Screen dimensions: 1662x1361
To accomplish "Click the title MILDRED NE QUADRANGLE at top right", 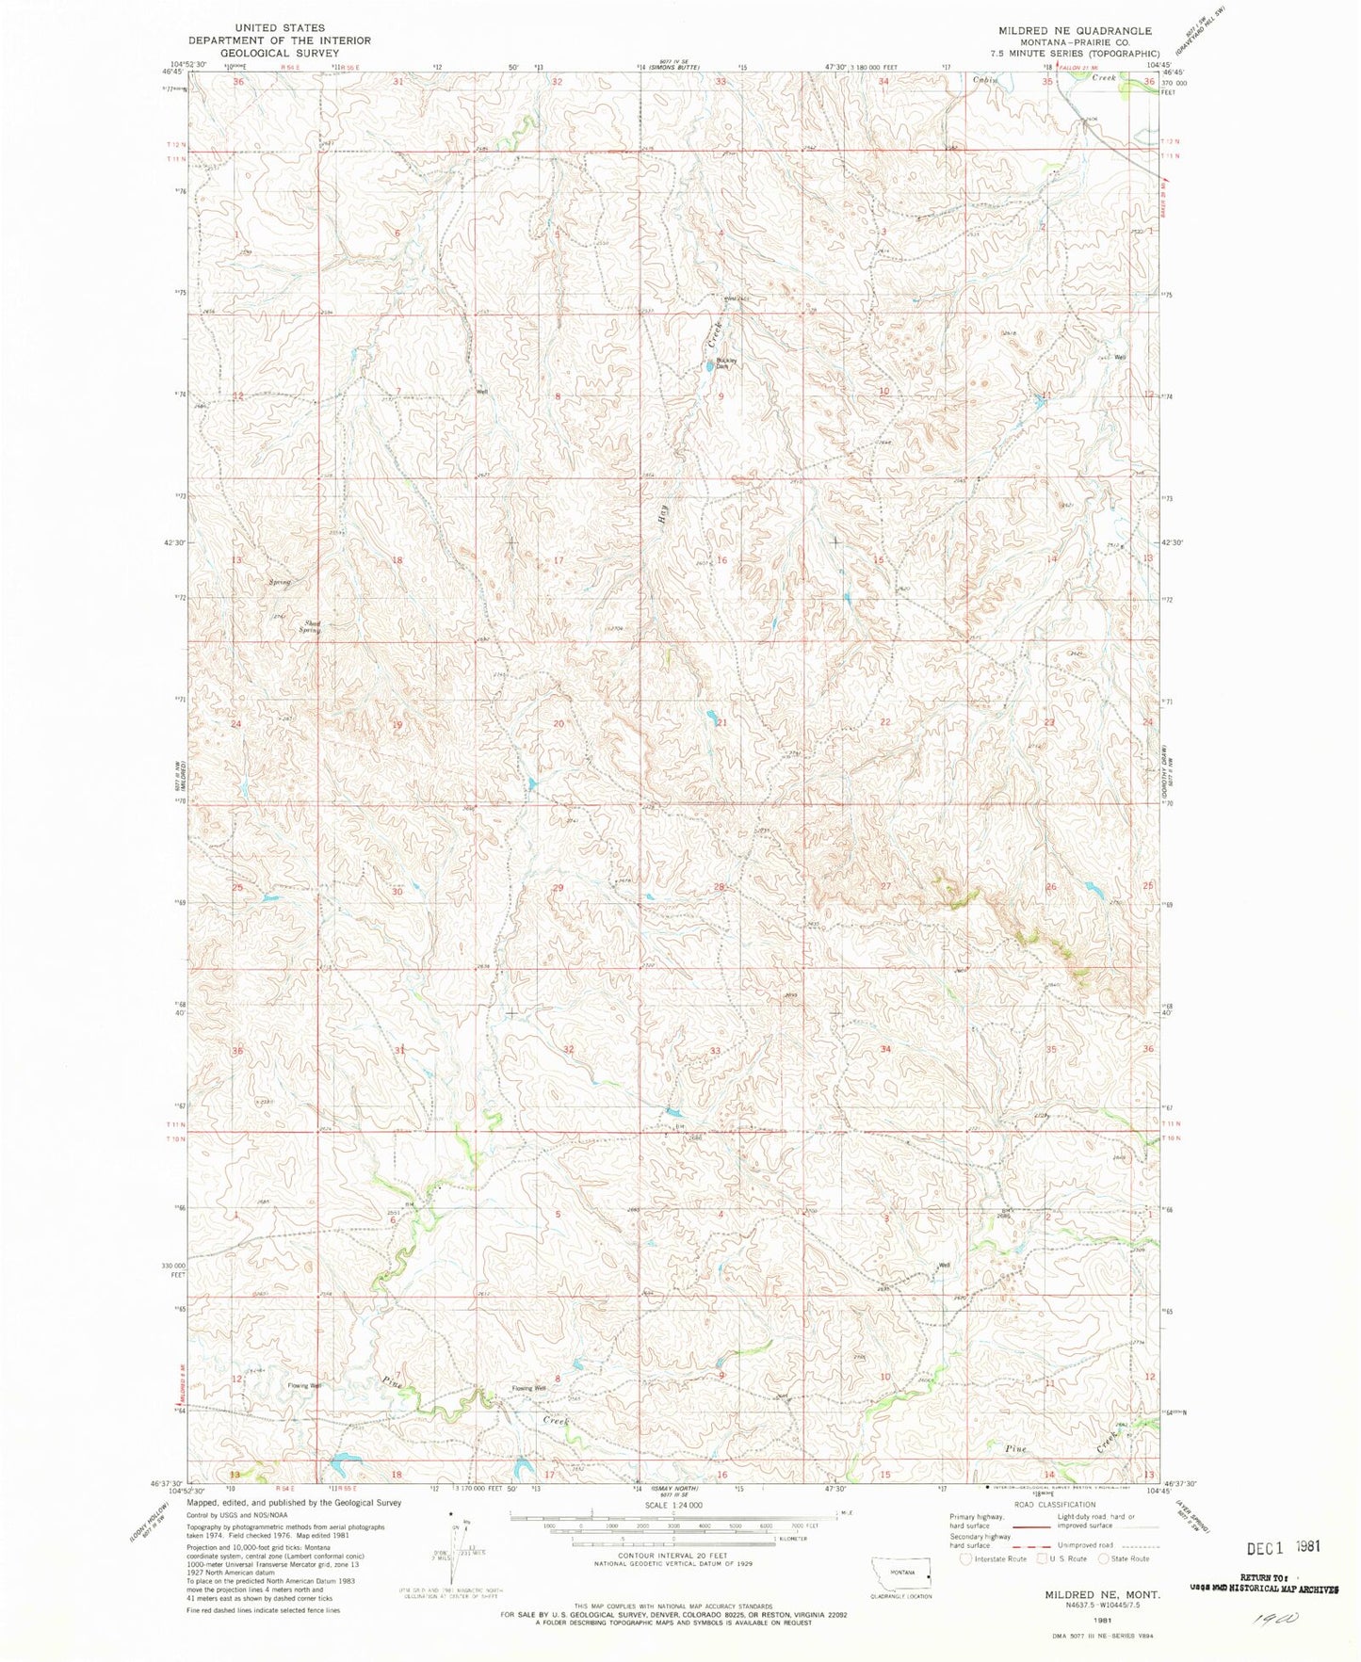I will (1074, 31).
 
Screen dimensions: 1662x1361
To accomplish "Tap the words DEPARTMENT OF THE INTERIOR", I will (279, 40).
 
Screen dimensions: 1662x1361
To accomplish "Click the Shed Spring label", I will (311, 626).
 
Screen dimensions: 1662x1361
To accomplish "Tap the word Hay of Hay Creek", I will (663, 514).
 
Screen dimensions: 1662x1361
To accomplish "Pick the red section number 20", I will (559, 723).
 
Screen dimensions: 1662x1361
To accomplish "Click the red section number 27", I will (885, 886).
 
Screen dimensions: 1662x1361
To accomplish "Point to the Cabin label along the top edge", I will (987, 81).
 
